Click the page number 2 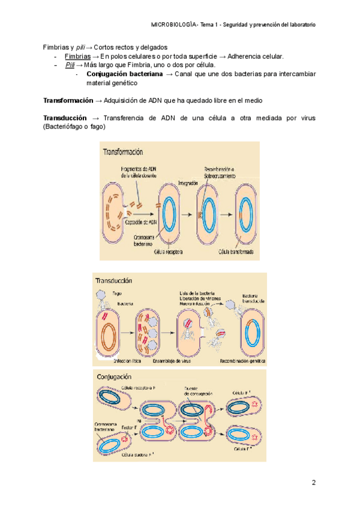coord(313,483)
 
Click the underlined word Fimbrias coord(77,56)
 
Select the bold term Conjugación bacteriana coord(124,74)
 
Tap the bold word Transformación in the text coord(68,100)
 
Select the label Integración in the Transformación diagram coord(190,182)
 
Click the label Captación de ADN coord(140,221)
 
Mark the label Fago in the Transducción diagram coord(117,294)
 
